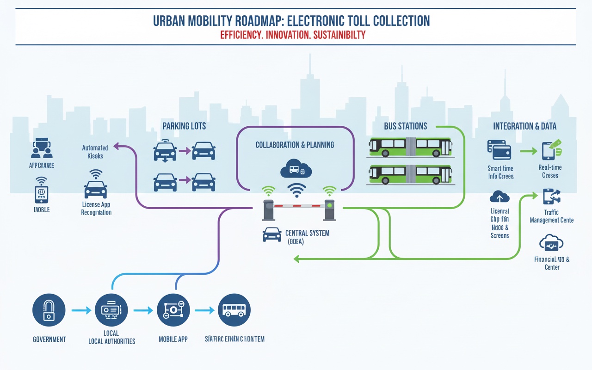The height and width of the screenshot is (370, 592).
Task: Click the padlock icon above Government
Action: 49,310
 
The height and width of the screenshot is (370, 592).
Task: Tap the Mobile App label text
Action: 173,339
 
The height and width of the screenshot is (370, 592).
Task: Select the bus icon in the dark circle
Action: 234,310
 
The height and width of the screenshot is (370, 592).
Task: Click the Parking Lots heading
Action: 184,126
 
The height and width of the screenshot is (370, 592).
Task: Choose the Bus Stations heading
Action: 406,126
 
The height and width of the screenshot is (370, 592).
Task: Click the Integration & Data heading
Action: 524,126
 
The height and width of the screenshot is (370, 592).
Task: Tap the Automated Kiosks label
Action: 95,152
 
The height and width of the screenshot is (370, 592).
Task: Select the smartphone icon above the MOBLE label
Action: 42,194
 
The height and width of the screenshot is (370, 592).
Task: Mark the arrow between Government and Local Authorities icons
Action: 82,310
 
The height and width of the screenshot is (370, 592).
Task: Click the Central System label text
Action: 307,233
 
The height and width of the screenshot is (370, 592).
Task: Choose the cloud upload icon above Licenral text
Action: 499,197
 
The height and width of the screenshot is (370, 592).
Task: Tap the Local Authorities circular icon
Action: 111,310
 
